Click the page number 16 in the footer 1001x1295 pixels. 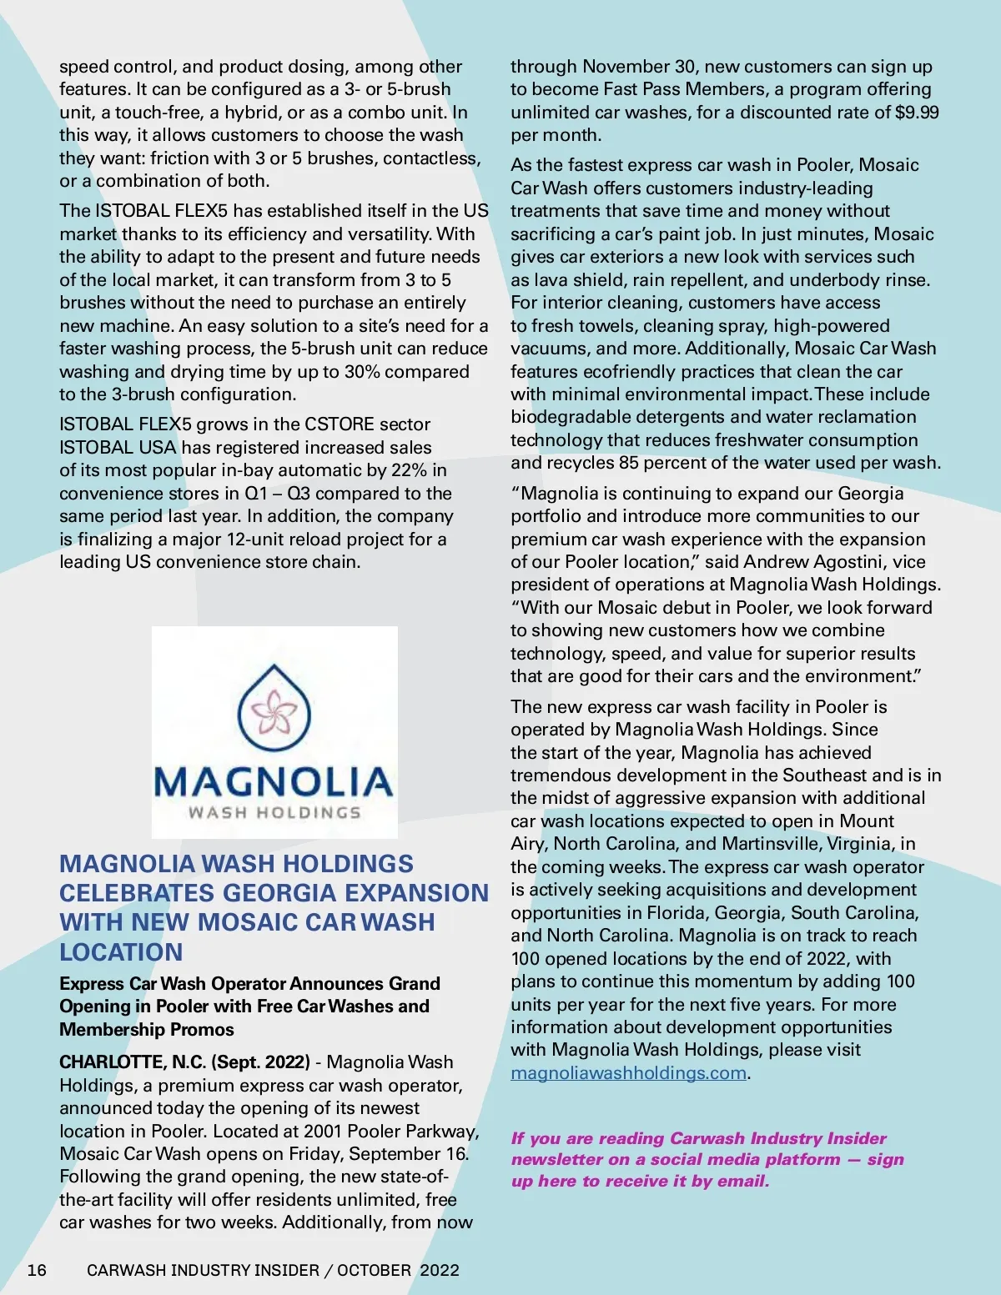37,1270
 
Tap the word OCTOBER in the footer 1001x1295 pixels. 374,1270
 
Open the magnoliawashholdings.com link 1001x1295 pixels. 628,1073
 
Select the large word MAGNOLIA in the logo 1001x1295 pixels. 274,782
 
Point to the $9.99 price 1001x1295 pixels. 917,112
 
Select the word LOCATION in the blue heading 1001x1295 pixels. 121,952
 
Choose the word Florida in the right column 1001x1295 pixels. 681,913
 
